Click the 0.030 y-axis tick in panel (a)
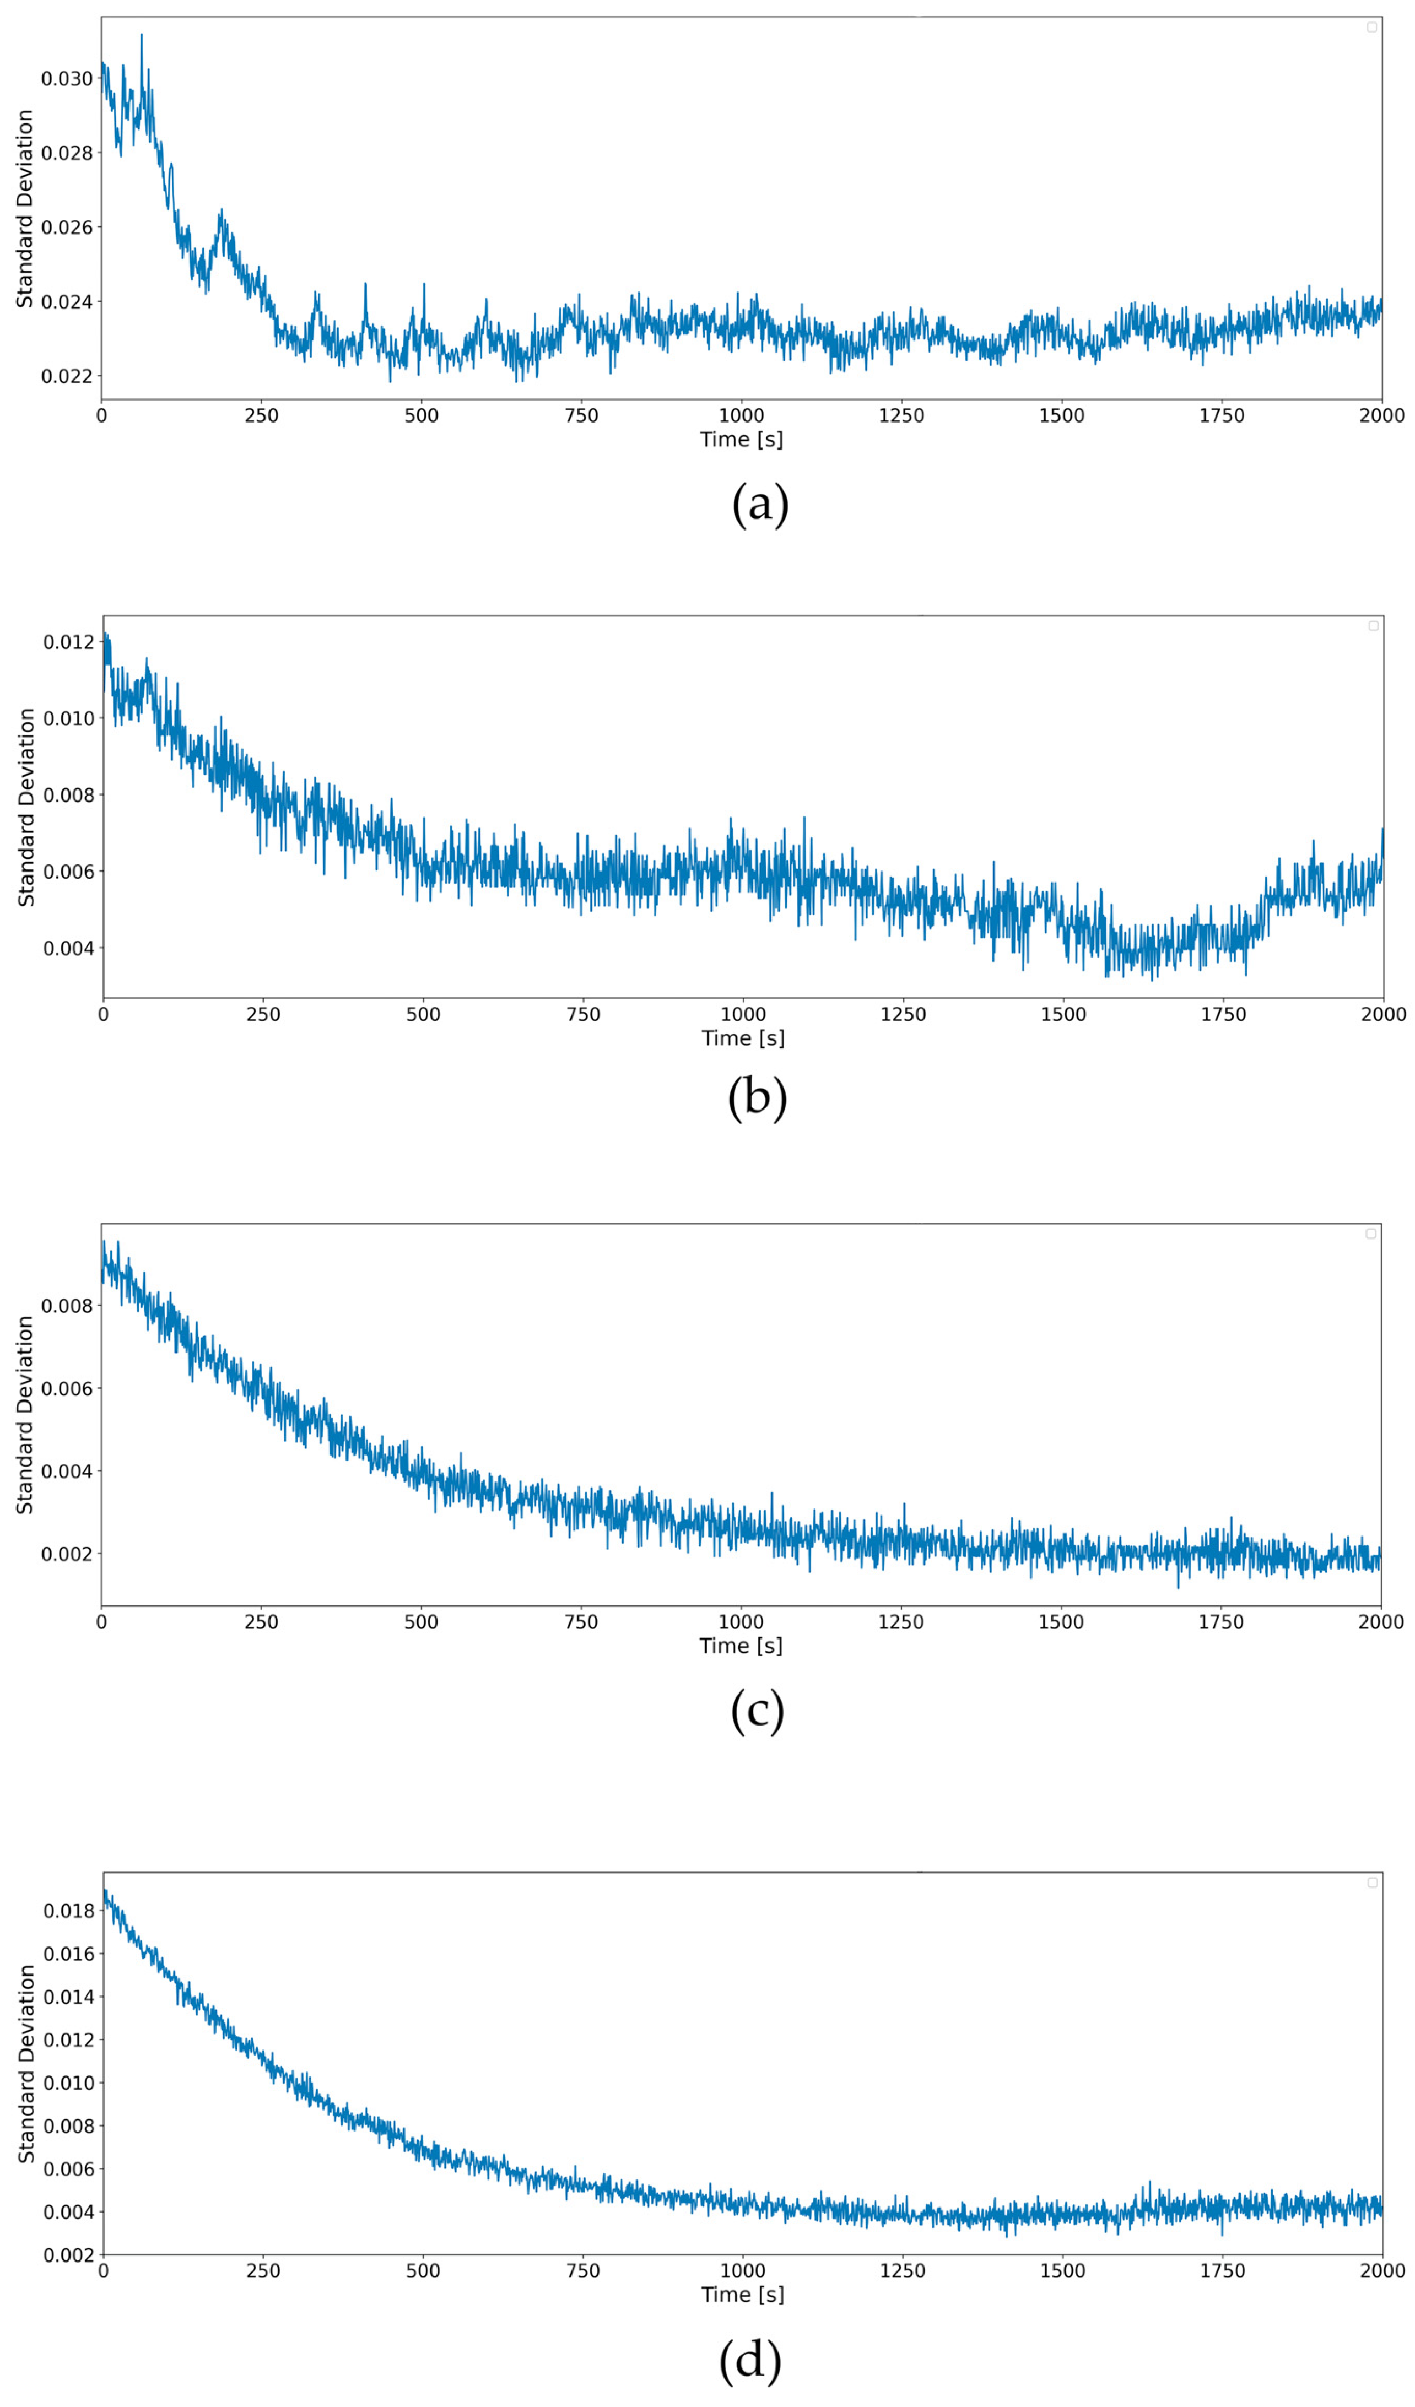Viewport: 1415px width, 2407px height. tap(67, 78)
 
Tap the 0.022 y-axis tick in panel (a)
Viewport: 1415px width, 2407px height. tap(67, 376)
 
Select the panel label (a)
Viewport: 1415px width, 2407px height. tap(760, 504)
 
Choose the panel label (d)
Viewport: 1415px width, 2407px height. tap(750, 2359)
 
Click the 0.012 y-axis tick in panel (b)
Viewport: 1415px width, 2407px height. tap(69, 642)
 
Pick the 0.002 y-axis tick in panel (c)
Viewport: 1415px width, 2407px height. tap(67, 1554)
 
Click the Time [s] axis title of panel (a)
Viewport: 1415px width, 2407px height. tap(742, 440)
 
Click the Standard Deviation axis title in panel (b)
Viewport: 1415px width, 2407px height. tap(26, 807)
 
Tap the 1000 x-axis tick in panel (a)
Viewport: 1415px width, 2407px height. tap(742, 415)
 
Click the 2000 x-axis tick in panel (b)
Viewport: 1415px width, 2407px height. tap(1382, 1014)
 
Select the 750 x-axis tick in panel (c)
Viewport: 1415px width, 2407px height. tap(581, 1622)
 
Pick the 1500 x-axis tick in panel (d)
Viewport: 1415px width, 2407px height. tap(1062, 2270)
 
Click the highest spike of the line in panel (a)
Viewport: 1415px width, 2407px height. tap(142, 35)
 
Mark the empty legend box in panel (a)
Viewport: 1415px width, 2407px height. tap(1371, 27)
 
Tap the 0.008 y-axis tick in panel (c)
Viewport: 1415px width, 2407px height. tap(67, 1306)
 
